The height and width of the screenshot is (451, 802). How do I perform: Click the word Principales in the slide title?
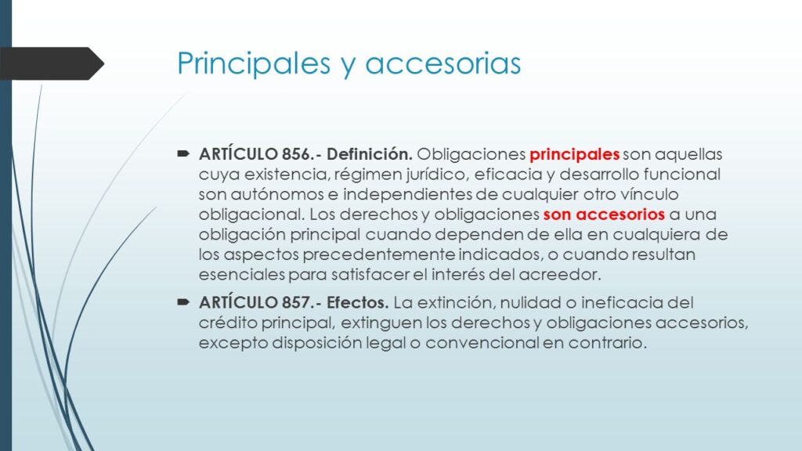[254, 63]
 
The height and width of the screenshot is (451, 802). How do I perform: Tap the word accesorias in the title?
[443, 64]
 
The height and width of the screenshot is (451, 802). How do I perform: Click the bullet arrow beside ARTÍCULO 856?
[183, 153]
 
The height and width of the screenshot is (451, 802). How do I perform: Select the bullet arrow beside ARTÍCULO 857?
[183, 301]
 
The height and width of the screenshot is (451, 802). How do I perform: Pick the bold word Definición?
[370, 154]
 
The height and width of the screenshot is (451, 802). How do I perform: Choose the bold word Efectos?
[357, 302]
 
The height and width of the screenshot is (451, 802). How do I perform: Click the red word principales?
[574, 155]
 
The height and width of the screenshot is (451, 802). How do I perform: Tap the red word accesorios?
[620, 215]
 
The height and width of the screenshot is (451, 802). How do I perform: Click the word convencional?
[482, 343]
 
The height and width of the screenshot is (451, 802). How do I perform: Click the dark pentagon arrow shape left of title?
[51, 63]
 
